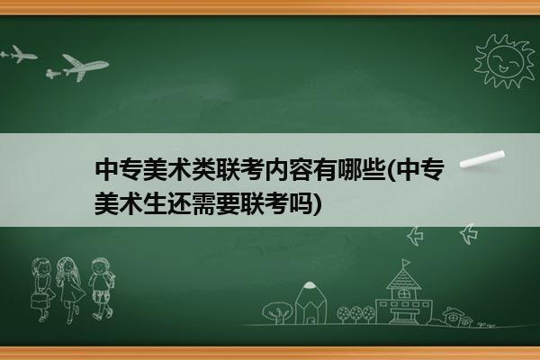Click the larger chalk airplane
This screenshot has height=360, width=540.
[x=84, y=67]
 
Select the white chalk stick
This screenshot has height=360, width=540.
[x=482, y=158]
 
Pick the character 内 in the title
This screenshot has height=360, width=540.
[x=276, y=170]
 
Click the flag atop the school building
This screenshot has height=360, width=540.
[x=407, y=263]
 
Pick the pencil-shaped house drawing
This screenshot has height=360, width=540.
[x=310, y=302]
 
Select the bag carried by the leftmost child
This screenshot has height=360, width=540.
[x=38, y=301]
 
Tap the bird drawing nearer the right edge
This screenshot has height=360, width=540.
[x=469, y=234]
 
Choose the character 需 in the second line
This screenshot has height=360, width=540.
[x=204, y=204]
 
